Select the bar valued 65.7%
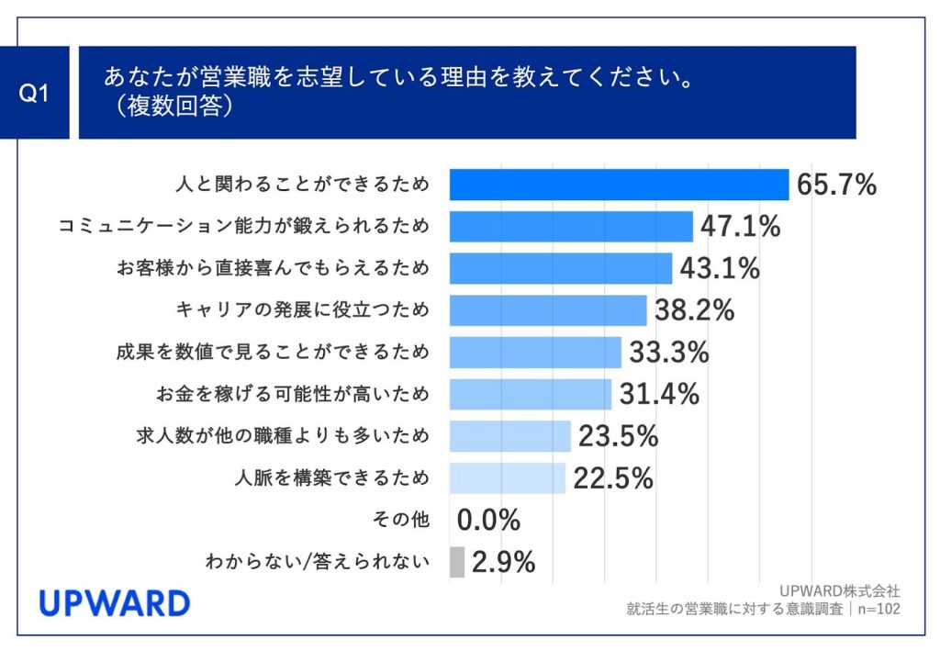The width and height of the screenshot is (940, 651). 619,185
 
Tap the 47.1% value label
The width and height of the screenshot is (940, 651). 740,226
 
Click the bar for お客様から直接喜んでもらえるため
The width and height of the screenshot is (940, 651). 561,268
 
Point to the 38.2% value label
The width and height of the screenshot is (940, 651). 694,310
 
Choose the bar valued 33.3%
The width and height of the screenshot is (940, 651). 535,352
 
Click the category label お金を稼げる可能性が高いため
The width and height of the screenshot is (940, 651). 293,394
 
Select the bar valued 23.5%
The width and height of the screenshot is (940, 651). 510,435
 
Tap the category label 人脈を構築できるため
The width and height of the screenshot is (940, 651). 332,477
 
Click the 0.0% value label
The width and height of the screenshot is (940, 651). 488,521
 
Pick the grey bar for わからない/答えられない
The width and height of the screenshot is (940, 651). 457,562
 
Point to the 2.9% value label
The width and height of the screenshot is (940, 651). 503,562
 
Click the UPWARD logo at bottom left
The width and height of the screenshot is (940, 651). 114,603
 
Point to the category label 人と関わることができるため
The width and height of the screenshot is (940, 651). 302,185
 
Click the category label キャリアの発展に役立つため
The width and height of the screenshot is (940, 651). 302,310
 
